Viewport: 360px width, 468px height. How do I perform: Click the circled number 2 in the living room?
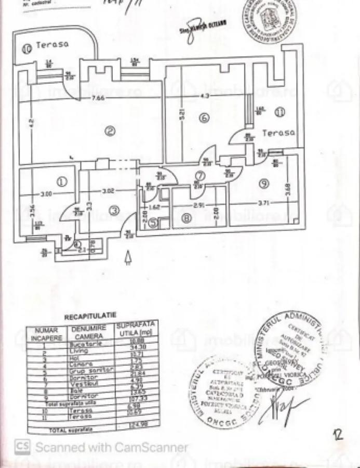(110, 131)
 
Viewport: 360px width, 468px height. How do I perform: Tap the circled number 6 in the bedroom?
(204, 119)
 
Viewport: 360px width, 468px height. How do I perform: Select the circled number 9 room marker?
(264, 183)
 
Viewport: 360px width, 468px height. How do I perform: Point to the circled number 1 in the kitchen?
(62, 181)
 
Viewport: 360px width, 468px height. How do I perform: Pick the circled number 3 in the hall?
(114, 210)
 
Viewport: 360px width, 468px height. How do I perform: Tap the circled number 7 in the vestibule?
(200, 176)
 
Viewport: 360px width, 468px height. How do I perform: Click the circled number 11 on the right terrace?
(281, 111)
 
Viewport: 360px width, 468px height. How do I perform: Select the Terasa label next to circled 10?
(52, 45)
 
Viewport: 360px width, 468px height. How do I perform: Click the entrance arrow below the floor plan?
(129, 257)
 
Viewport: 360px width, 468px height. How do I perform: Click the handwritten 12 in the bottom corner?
(339, 435)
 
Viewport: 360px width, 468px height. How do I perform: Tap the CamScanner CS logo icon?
(22, 446)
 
